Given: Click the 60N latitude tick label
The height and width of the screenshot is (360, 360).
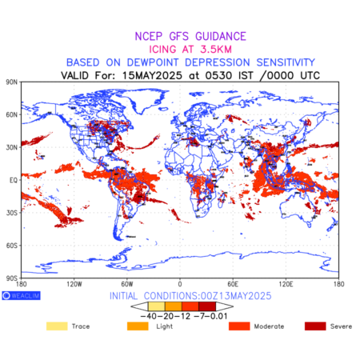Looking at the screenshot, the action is click(x=11, y=114).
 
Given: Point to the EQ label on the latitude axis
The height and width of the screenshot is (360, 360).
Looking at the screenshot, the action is click(x=14, y=180).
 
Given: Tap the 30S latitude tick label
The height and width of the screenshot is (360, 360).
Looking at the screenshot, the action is click(x=12, y=213).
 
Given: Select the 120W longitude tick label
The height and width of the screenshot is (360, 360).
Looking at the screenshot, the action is click(x=74, y=284).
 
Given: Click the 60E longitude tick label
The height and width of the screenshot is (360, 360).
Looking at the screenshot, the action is click(x=233, y=284).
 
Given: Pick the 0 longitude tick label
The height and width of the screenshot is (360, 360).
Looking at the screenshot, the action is click(x=180, y=284).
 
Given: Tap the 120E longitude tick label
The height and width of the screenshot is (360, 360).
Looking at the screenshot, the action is click(x=286, y=284).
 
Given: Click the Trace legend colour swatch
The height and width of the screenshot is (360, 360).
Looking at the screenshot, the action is click(x=57, y=326).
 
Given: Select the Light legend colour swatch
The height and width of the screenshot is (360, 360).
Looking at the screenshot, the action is click(x=138, y=326).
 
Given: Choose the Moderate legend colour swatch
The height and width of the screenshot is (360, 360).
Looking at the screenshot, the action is click(x=239, y=326).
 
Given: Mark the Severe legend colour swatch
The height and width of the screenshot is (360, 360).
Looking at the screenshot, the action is click(x=315, y=326).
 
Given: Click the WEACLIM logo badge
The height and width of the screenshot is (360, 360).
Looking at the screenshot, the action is click(x=21, y=295).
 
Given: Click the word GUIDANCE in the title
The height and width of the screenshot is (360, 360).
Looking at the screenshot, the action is click(x=221, y=36).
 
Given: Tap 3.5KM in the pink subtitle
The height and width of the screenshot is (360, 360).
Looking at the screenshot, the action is click(x=216, y=50).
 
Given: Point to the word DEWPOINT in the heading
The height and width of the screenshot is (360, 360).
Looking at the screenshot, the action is click(x=153, y=62).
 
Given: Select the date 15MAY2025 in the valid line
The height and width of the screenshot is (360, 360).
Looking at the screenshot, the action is click(x=152, y=75).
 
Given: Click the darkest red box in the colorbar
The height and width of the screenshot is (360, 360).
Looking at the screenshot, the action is click(x=207, y=306).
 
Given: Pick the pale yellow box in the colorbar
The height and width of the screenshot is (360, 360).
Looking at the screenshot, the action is click(x=157, y=306).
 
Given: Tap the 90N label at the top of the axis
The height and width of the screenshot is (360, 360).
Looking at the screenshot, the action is click(x=11, y=82).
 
